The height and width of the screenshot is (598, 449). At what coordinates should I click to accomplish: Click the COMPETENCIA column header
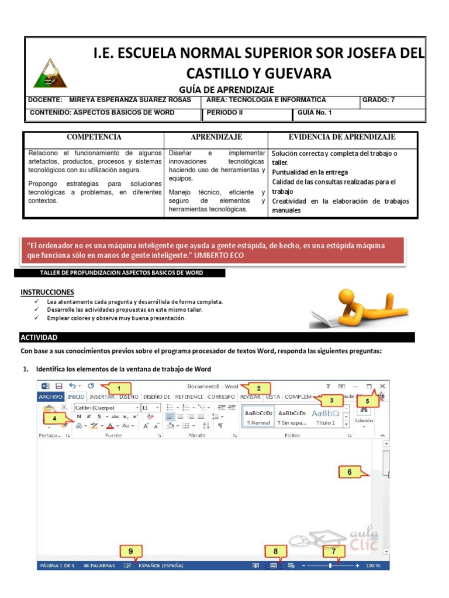coord(94,137)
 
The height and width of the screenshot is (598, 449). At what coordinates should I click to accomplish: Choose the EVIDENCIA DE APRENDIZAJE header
coord(342,137)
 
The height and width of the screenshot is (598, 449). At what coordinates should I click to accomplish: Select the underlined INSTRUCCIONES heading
coord(47,291)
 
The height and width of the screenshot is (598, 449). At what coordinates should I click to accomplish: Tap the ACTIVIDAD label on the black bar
coord(39,338)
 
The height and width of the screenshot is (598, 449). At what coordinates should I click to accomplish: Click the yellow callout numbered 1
coord(119,388)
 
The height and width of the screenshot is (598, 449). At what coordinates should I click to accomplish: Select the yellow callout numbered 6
coord(350,472)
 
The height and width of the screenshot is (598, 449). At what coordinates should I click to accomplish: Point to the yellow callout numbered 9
coord(131,551)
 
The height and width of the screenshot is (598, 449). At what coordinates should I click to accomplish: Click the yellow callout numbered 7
coord(334,551)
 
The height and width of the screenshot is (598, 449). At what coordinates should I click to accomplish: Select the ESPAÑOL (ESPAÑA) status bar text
coord(160,565)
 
